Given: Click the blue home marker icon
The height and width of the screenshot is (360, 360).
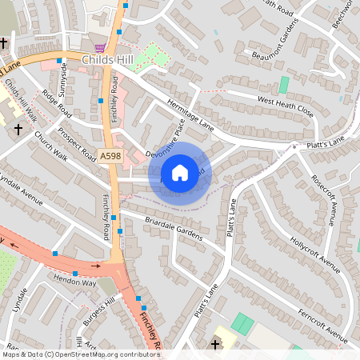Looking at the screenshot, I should point(180,173).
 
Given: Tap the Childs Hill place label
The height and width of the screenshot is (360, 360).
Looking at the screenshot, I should point(108,60).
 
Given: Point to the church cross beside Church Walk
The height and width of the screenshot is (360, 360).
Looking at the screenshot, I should point(18,127).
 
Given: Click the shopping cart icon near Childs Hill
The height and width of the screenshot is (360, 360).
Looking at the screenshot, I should point(100,47).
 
